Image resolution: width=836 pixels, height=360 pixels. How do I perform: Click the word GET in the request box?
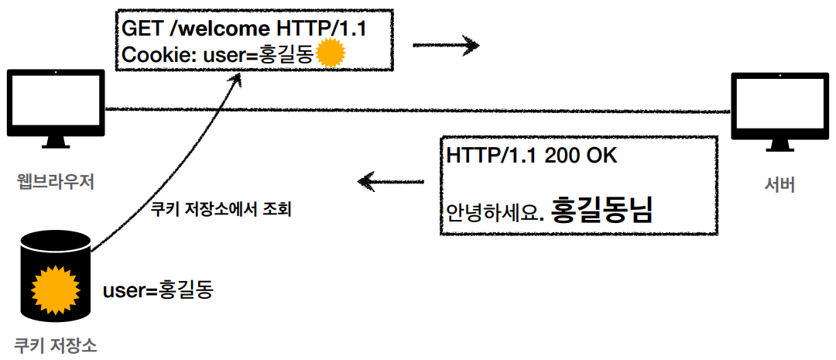pyautogui.click(x=142, y=29)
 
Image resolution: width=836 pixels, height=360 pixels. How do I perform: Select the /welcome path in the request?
pyautogui.click(x=218, y=29)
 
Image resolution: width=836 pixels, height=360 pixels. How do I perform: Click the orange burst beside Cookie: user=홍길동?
pyautogui.click(x=331, y=53)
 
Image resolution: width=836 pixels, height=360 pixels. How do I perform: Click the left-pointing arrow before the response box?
pyautogui.click(x=392, y=183)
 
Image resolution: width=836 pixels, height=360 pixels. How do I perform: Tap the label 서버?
pyautogui.click(x=778, y=184)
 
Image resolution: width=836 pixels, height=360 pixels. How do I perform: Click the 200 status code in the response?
pyautogui.click(x=564, y=155)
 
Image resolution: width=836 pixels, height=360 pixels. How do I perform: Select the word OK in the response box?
pyautogui.click(x=604, y=155)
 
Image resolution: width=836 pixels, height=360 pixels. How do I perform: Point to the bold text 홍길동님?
pyautogui.click(x=602, y=209)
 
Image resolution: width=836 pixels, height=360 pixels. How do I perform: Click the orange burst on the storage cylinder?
pyautogui.click(x=55, y=288)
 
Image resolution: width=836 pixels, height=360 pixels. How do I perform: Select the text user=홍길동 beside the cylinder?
pyautogui.click(x=157, y=290)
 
